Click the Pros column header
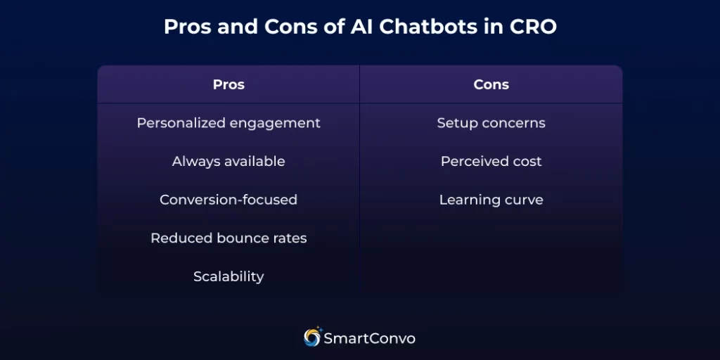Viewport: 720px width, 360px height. click(229, 84)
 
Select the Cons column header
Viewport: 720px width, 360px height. click(491, 84)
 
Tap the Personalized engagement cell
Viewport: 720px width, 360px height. click(229, 123)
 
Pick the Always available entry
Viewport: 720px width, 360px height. click(229, 161)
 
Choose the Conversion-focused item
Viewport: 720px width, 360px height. click(229, 200)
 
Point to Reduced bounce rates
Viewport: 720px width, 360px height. click(229, 238)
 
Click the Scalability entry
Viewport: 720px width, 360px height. click(229, 276)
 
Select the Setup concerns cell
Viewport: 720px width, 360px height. click(491, 123)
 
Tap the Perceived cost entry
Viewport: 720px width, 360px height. click(491, 161)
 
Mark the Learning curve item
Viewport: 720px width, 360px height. click(491, 200)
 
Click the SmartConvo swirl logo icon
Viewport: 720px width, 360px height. click(312, 337)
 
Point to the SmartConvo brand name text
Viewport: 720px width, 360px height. click(369, 338)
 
